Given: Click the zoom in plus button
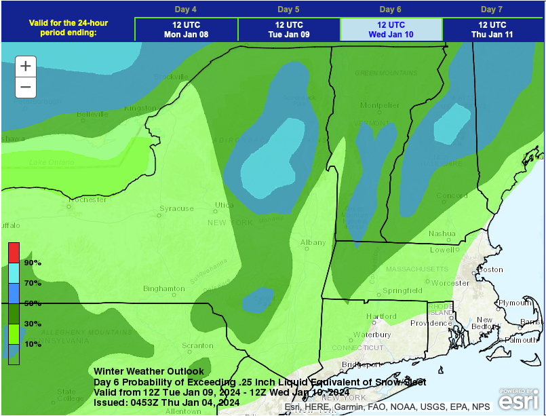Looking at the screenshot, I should (26, 66).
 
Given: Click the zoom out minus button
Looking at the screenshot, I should (26, 87).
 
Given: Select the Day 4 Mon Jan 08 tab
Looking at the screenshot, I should (186, 29).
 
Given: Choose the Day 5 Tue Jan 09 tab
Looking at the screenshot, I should (289, 29).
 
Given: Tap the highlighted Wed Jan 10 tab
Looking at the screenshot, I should (391, 29).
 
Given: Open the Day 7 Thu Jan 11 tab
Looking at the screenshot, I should (492, 29).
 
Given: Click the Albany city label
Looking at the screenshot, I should (313, 242).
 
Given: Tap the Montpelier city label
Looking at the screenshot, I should (380, 105).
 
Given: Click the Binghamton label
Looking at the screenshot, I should (164, 288).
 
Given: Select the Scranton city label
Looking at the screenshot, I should (198, 345).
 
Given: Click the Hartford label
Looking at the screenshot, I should (381, 316).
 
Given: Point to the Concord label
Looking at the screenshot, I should (452, 196).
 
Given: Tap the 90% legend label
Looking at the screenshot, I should (33, 263).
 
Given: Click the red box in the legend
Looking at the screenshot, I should (14, 252).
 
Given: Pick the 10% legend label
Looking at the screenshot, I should (33, 344).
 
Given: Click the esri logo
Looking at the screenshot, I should (520, 398).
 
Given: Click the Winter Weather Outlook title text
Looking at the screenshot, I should (149, 371).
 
